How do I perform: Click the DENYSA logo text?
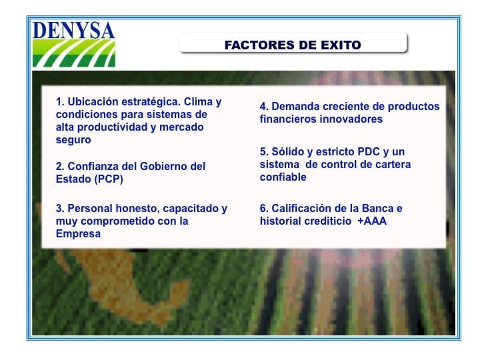tap(73, 30)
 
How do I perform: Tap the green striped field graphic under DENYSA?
tap(74, 53)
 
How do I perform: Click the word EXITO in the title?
tap(341, 45)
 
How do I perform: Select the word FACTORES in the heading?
tap(259, 45)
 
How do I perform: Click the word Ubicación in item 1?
tap(93, 101)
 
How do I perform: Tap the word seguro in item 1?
tap(73, 140)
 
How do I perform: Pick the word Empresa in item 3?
tap(78, 233)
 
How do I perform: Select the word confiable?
tap(283, 177)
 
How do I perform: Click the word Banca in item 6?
tap(377, 209)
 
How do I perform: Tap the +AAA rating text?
tap(372, 221)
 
